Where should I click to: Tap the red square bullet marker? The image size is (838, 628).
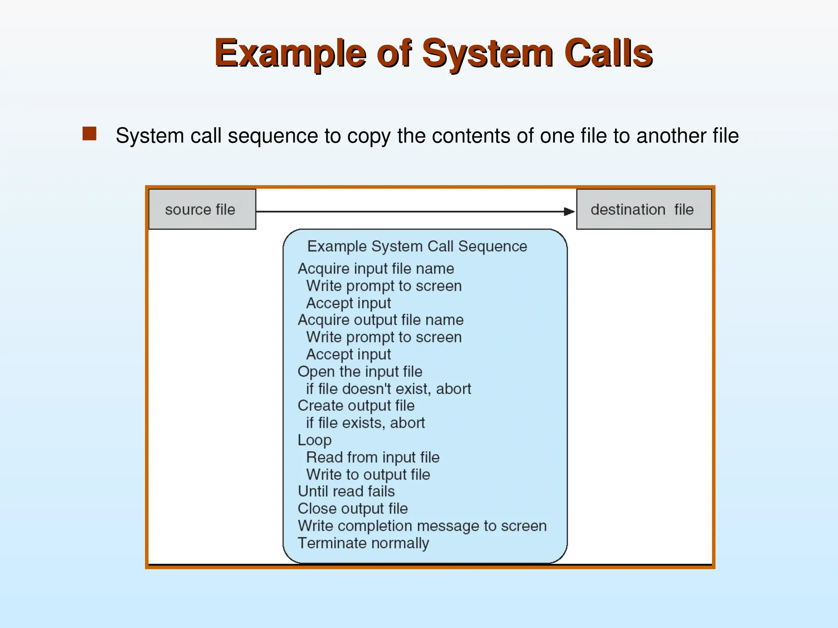(x=89, y=134)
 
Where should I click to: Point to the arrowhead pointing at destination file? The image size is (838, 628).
(x=569, y=211)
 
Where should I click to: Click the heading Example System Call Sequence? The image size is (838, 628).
(x=417, y=247)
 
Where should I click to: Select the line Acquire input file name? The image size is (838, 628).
(x=376, y=269)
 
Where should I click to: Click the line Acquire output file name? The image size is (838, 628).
(x=381, y=320)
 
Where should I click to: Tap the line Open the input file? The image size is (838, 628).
(x=360, y=371)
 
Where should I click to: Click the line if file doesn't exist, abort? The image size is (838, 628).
(x=388, y=388)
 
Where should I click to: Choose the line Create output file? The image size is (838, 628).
(x=356, y=406)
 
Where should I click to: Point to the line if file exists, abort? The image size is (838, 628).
(x=365, y=423)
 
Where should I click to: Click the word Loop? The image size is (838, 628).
(x=314, y=440)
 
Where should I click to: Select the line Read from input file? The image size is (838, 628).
(x=373, y=457)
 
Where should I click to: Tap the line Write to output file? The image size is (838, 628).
(x=368, y=474)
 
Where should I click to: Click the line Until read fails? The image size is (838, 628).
(x=346, y=491)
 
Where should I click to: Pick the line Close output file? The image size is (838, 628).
(x=353, y=508)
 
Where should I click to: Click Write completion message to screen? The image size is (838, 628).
(x=422, y=526)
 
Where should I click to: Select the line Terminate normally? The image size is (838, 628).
(x=363, y=543)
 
